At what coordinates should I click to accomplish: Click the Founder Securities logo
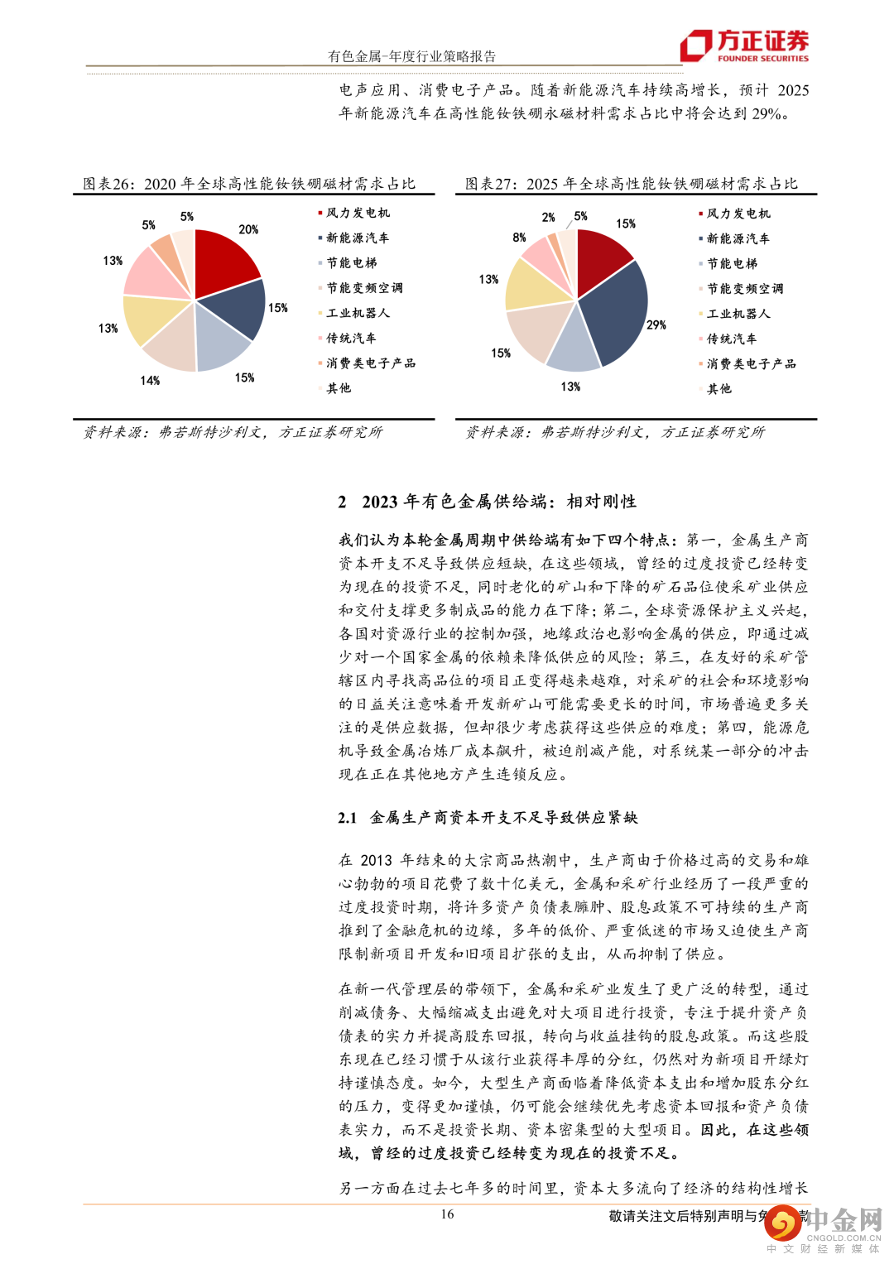[x=743, y=46]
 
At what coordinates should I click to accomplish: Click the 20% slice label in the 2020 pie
[x=248, y=229]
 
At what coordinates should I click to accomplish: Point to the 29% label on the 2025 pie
[x=656, y=325]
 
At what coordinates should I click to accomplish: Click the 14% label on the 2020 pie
[x=150, y=381]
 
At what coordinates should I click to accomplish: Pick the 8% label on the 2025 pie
[x=519, y=238]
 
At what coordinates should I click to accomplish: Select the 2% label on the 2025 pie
[x=549, y=218]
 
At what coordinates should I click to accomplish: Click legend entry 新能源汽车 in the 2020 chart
[x=357, y=238]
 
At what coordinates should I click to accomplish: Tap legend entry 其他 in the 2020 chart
[x=339, y=388]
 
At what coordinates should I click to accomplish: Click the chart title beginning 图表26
[x=249, y=184]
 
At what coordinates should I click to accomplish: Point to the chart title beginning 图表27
[x=632, y=184]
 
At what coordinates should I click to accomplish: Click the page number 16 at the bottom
[x=447, y=1214]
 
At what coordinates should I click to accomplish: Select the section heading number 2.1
[x=347, y=818]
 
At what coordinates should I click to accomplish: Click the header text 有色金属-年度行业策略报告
[x=411, y=56]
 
